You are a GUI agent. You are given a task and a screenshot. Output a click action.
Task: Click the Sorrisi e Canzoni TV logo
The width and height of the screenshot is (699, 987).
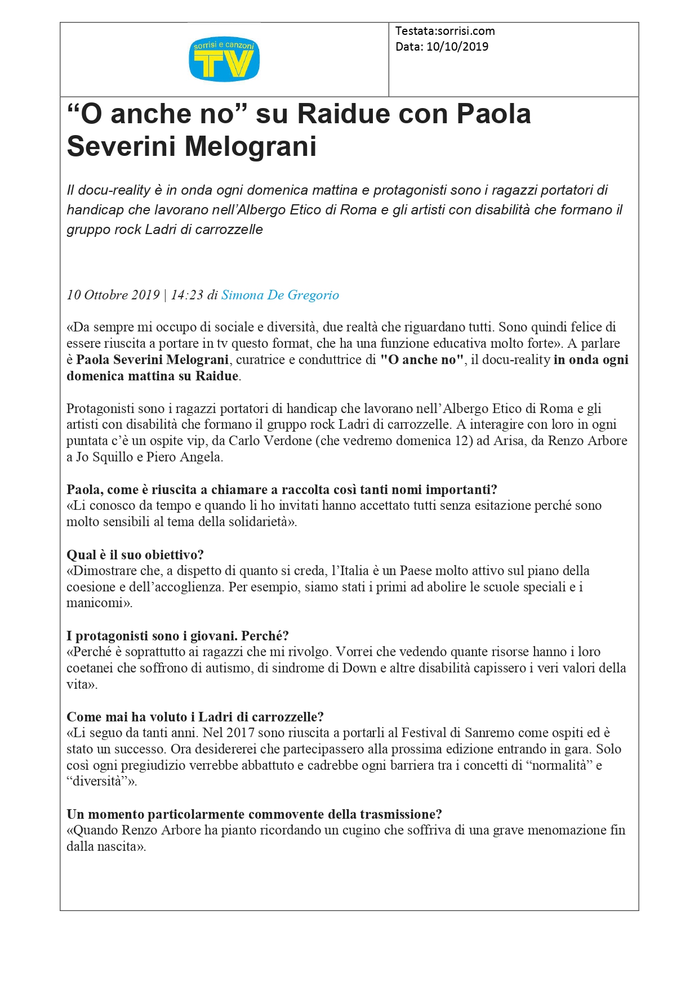tap(224, 59)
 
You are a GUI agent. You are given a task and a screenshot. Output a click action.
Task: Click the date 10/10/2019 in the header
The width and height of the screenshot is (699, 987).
tap(457, 47)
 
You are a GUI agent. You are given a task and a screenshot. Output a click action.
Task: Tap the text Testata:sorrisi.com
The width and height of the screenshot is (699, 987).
tap(445, 31)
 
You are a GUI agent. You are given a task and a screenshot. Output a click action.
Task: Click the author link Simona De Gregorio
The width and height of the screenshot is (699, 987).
tap(280, 295)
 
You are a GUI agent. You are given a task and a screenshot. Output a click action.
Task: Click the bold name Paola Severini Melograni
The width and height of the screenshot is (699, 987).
tap(152, 360)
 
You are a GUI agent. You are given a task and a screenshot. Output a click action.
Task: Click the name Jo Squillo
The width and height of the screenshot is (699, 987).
tap(104, 457)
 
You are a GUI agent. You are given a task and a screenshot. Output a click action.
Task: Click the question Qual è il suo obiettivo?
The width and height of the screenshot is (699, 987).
tap(135, 555)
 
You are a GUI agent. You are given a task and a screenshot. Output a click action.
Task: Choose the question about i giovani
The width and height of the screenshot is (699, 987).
tap(177, 636)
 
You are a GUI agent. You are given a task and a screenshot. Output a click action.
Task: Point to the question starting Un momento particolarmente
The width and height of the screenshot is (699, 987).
tap(254, 814)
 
